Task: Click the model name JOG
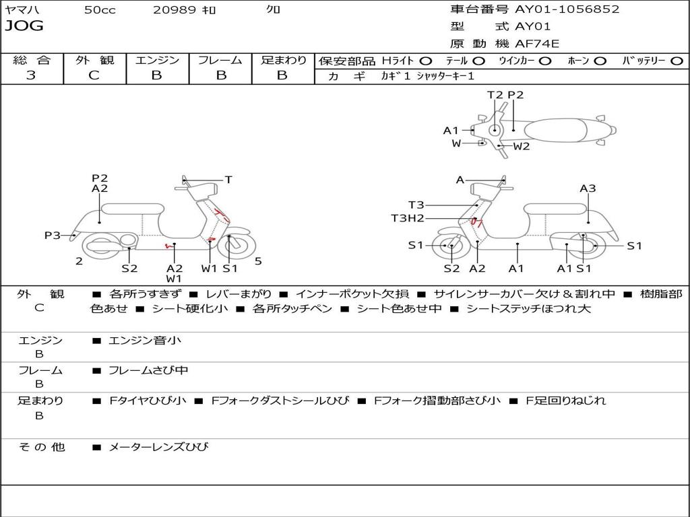(24, 26)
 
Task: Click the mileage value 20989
(175, 10)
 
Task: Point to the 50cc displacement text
(100, 10)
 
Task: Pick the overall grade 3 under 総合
(31, 75)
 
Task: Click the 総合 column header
(32, 61)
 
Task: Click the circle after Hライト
(426, 61)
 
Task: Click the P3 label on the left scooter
(53, 235)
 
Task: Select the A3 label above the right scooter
(588, 188)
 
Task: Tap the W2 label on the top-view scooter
(522, 146)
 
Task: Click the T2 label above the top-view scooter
(495, 95)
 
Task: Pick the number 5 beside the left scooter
(258, 261)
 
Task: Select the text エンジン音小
(145, 341)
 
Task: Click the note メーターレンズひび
(158, 447)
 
